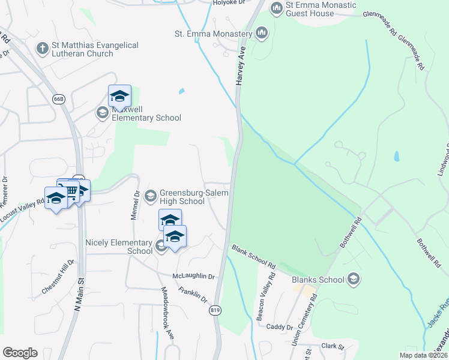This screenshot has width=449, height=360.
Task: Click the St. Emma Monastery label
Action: (213, 34)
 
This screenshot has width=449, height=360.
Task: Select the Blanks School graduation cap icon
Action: (354, 278)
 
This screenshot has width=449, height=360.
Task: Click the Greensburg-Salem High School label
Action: (182, 197)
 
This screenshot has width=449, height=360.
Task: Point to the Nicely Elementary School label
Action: (119, 247)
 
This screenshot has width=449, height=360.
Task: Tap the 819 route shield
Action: (214, 310)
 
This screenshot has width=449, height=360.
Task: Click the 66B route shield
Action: (58, 98)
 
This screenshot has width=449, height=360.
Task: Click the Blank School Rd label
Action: (253, 256)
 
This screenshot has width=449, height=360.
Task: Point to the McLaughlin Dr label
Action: (193, 275)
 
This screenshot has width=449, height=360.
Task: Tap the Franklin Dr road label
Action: (193, 295)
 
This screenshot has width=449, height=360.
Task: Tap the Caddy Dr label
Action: (279, 328)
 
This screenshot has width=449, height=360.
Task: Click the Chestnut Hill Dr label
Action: (58, 277)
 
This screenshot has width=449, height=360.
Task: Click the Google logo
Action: (20, 353)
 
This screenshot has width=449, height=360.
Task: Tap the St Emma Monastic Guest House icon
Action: (276, 8)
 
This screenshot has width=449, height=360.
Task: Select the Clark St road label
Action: (332, 346)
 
